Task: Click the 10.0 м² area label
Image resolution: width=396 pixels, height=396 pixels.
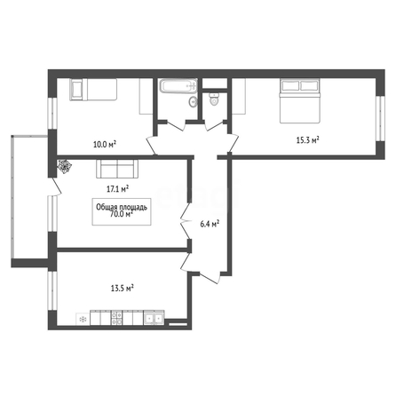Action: pos(105,145)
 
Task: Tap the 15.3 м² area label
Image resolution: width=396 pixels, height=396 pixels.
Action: pos(308,139)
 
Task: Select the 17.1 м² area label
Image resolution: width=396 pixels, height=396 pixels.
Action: pos(117,189)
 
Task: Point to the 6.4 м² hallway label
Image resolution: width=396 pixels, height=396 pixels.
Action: pos(210,224)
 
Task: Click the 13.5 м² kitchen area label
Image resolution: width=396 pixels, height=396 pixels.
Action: pos(122,288)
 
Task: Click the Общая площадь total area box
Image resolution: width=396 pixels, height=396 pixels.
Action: pos(122,211)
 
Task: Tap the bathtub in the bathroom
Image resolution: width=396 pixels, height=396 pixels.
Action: pos(178,86)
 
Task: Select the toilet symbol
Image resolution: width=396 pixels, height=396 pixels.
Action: pos(213,99)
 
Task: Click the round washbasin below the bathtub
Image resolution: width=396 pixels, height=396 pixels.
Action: pos(193,102)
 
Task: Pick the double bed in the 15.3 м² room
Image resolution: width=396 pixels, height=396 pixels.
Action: pos(300,100)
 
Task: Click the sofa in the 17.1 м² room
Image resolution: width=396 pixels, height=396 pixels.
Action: pos(117,169)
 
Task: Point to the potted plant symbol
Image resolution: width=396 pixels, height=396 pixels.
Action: pos(65,166)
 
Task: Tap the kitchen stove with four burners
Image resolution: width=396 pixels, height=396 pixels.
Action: pos(116,318)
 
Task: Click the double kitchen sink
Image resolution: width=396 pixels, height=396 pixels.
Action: pos(154,318)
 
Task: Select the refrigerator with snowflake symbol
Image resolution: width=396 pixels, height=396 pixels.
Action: pos(83,320)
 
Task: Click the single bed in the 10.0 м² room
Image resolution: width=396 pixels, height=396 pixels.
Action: pos(93,90)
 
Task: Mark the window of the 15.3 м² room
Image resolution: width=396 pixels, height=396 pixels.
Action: pos(381,118)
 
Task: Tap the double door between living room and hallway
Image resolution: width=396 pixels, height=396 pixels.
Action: pos(186,220)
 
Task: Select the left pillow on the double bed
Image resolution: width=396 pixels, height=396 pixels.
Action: pos(290,85)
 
